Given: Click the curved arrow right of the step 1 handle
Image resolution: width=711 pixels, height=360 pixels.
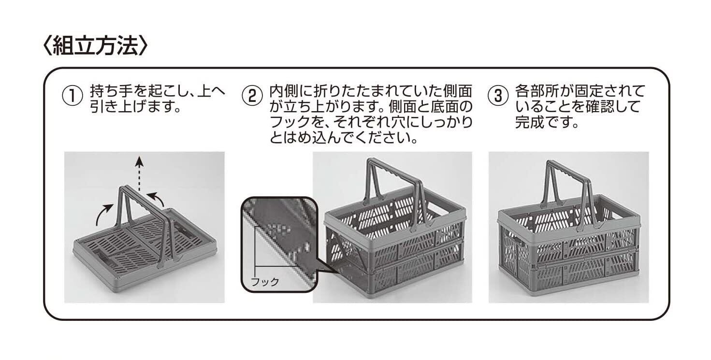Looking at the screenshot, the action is [x=156, y=198].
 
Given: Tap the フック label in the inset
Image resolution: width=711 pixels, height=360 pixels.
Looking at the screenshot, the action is [x=265, y=282].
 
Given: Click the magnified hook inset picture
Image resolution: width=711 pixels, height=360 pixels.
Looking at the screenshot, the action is [x=278, y=244].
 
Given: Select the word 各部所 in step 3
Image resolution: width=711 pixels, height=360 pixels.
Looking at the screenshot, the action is [x=537, y=91].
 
